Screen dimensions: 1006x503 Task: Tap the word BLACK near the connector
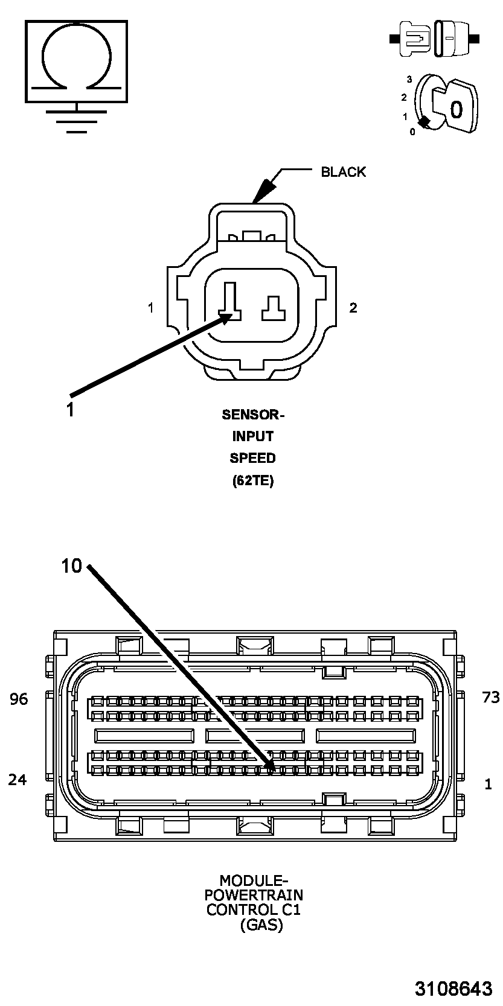click(343, 172)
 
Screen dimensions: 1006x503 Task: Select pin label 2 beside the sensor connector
click(353, 308)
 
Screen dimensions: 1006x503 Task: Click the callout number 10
click(71, 566)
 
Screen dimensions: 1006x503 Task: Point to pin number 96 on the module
click(19, 699)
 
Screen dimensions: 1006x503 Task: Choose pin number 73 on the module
click(491, 698)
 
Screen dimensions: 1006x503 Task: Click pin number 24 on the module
click(18, 780)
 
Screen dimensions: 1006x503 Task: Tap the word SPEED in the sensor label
click(252, 458)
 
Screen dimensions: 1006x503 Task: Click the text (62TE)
click(252, 481)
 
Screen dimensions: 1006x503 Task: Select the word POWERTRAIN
click(254, 895)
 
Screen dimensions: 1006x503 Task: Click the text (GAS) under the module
click(261, 925)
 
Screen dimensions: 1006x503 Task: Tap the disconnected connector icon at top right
click(435, 39)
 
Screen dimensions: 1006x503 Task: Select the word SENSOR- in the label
click(252, 415)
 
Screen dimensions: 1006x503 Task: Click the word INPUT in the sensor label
click(252, 436)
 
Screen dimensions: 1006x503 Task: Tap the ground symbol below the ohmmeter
click(77, 119)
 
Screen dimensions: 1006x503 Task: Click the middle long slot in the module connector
click(255, 736)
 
